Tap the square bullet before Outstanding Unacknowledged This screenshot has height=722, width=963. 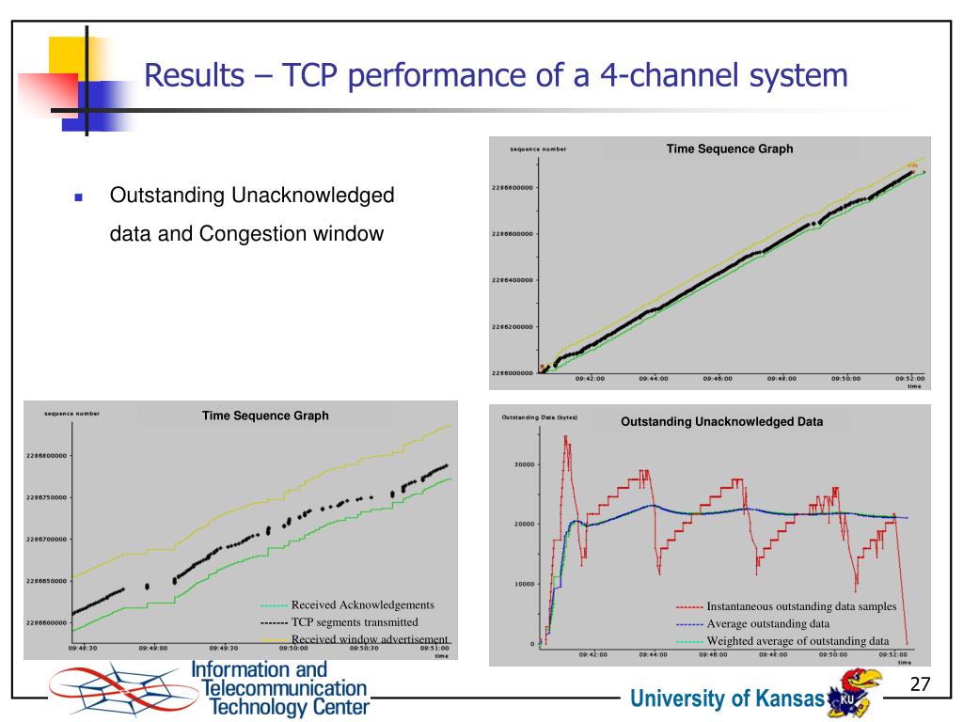point(79,198)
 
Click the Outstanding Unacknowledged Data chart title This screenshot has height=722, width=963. point(721,422)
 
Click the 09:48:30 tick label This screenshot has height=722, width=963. point(84,648)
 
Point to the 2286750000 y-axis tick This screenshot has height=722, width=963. point(48,497)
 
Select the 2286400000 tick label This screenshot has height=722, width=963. point(513,280)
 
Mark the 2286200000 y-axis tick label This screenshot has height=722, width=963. point(513,327)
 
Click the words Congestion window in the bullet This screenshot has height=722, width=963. point(292,233)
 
